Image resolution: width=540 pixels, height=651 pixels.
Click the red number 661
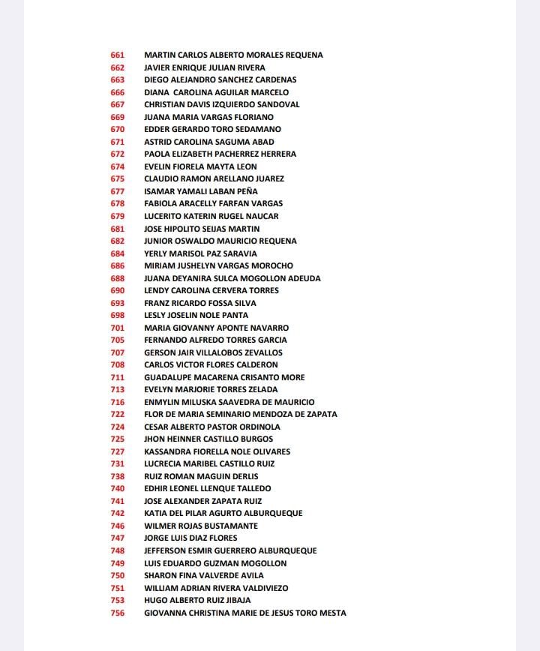point(117,55)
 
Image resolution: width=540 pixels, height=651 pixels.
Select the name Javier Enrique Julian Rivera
point(204,67)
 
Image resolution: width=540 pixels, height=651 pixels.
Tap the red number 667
point(117,104)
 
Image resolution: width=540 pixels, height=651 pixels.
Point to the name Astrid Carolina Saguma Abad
point(208,142)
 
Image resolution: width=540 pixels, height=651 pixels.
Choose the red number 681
point(117,229)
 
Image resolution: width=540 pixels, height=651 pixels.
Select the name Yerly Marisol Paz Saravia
point(200,253)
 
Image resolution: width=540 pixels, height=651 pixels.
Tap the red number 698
point(117,315)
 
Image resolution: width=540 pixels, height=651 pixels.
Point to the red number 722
point(117,414)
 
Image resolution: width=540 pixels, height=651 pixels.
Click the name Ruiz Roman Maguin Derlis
point(201,476)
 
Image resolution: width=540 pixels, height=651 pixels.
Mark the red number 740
point(117,488)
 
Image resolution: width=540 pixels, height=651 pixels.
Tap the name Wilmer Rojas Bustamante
point(200,526)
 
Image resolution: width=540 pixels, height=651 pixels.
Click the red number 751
point(117,588)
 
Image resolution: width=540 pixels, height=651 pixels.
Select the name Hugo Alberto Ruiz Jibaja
point(197,600)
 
